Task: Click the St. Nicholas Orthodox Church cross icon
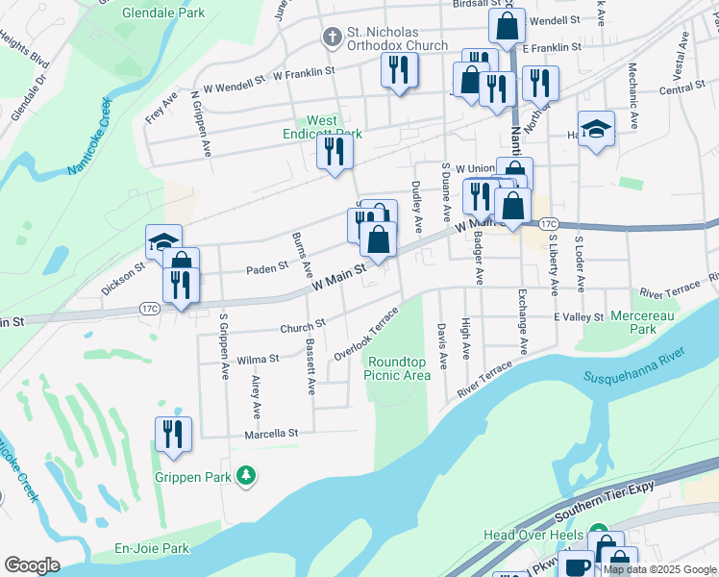pyautogui.click(x=332, y=38)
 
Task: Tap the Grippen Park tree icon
pyautogui.click(x=247, y=475)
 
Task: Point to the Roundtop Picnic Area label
pyautogui.click(x=398, y=368)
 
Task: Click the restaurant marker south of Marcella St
pyautogui.click(x=173, y=433)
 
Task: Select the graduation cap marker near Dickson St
pyautogui.click(x=163, y=241)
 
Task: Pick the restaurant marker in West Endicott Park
pyautogui.click(x=334, y=151)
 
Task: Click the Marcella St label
pyautogui.click(x=272, y=434)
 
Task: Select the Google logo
pyautogui.click(x=33, y=565)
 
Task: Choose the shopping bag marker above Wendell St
pyautogui.click(x=507, y=26)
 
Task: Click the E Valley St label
pyautogui.click(x=577, y=316)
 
